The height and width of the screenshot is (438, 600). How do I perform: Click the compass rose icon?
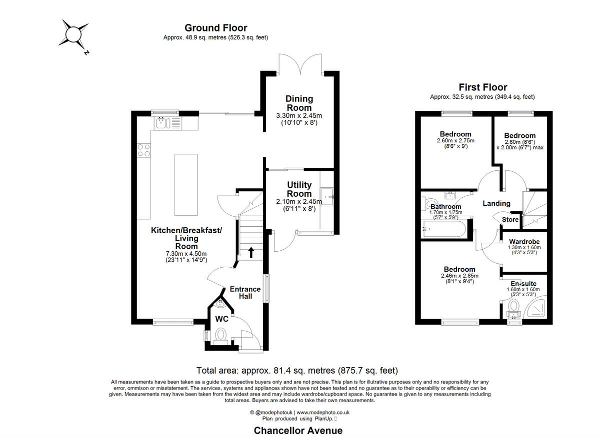click(x=72, y=35)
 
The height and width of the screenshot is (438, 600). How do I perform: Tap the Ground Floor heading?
click(x=215, y=28)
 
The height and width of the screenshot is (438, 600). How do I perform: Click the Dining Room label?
click(x=299, y=103)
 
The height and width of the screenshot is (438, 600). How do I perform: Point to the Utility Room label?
click(x=299, y=189)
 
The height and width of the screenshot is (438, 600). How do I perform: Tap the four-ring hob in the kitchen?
click(x=144, y=150)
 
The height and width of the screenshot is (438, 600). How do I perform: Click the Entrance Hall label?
click(x=245, y=292)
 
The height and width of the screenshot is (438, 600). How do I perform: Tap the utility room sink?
click(x=327, y=197)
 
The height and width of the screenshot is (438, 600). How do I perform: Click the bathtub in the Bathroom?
click(x=444, y=230)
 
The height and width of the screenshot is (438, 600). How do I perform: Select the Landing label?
click(x=496, y=203)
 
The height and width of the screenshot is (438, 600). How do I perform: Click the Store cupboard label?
click(x=510, y=219)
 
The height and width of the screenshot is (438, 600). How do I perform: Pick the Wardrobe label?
click(x=524, y=242)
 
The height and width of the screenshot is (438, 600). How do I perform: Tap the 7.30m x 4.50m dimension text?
click(x=186, y=253)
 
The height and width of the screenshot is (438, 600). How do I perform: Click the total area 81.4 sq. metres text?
click(x=297, y=371)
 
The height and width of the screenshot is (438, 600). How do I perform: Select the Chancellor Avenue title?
click(x=298, y=431)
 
